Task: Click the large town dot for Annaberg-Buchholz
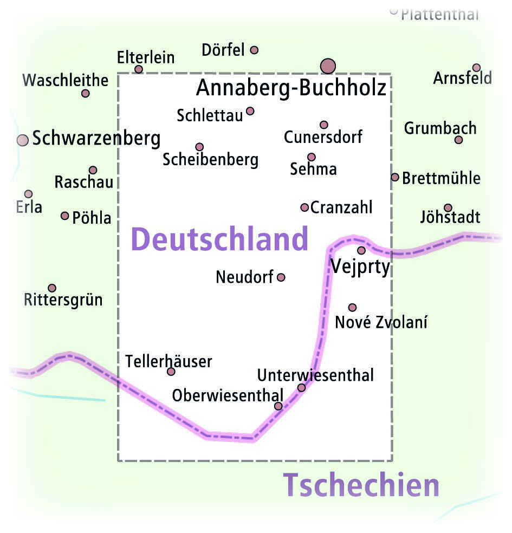(328, 66)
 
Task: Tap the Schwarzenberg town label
(96, 139)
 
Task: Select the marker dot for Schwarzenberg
(22, 140)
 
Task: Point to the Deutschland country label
(219, 239)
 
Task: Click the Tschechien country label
(361, 485)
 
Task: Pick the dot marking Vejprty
(361, 250)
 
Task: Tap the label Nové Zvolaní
(381, 322)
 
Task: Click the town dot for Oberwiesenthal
(278, 406)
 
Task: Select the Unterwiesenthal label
(315, 375)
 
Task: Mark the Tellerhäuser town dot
(171, 372)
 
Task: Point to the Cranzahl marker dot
(304, 207)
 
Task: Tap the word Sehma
(313, 169)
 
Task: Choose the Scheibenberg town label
(210, 160)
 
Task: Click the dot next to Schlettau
(250, 111)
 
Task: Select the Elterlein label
(146, 57)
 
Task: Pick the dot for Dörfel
(254, 50)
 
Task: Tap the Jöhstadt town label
(450, 218)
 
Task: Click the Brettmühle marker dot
(395, 177)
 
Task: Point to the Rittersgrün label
(63, 300)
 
